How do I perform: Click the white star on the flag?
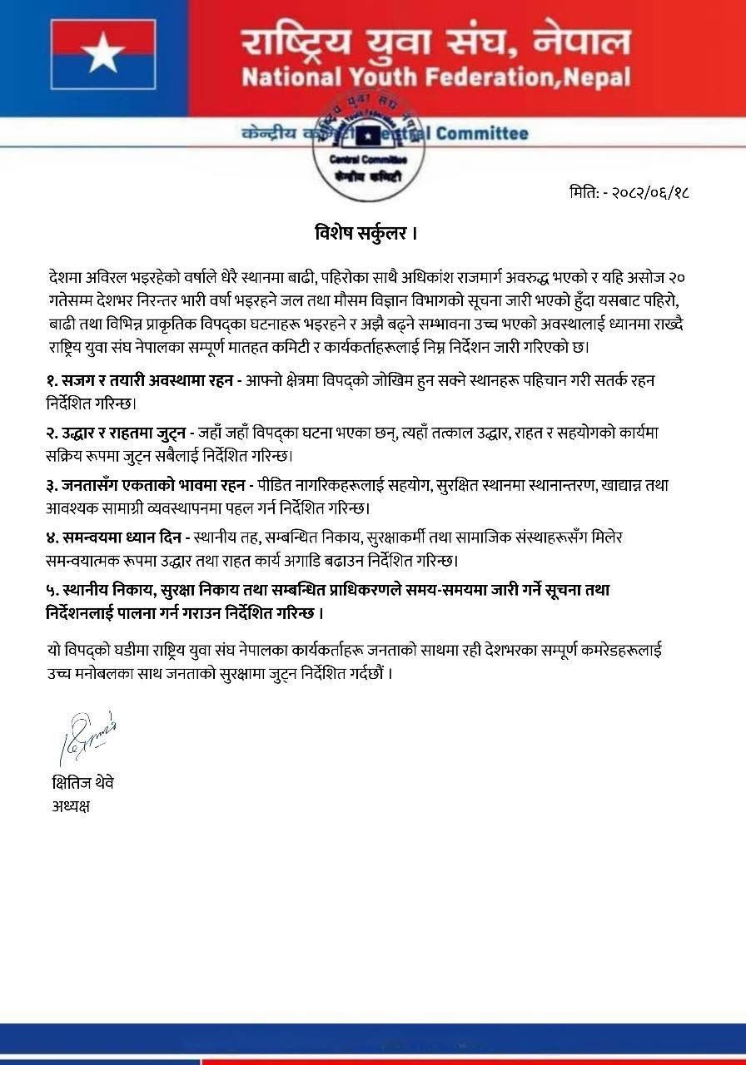(x=103, y=55)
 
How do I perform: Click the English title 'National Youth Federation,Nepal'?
(x=435, y=77)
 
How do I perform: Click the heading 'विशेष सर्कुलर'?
(x=361, y=232)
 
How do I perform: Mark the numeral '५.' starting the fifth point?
(x=53, y=590)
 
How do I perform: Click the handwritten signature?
(x=87, y=736)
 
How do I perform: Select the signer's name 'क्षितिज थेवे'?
(x=82, y=782)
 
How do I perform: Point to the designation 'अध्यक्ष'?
(x=70, y=805)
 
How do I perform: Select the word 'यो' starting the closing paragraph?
(x=55, y=649)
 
